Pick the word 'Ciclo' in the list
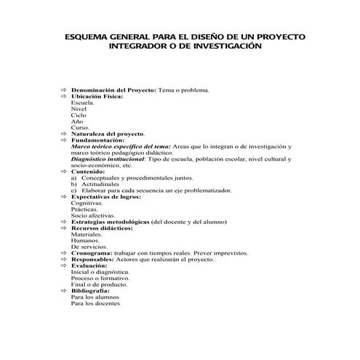pyautogui.click(x=78, y=115)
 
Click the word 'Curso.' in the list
pyautogui.click(x=80, y=127)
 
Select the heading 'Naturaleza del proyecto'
pyautogui.click(x=108, y=134)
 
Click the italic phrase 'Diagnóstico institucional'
pyautogui.click(x=108, y=159)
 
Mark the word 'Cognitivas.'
pyautogui.click(x=87, y=203)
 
